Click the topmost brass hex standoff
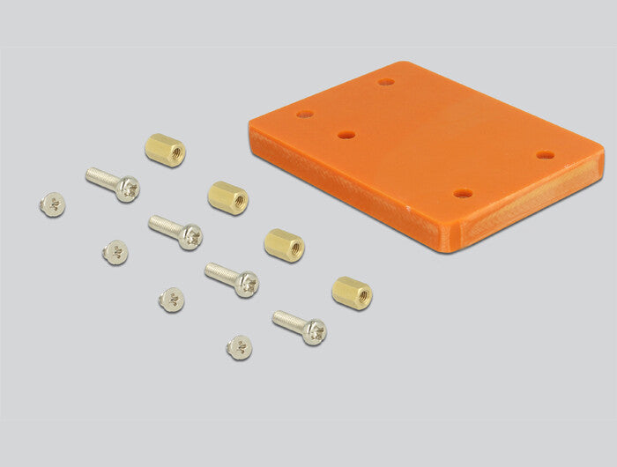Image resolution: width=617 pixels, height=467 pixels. (165, 149)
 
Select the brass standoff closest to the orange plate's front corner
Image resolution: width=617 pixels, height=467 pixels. (352, 293)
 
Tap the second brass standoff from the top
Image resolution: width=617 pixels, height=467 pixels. (228, 196)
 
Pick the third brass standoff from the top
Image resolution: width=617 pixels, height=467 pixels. (284, 244)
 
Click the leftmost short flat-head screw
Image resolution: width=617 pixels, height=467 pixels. (52, 204)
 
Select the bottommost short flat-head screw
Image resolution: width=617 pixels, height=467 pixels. (239, 347)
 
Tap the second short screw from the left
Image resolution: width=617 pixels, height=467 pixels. (115, 253)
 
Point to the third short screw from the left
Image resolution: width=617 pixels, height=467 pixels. (172, 300)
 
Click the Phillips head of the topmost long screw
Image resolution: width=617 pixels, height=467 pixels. (129, 189)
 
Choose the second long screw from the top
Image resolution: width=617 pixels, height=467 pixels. (175, 232)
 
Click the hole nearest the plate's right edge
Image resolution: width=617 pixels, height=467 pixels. (546, 155)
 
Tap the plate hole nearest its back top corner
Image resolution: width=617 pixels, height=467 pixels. (386, 82)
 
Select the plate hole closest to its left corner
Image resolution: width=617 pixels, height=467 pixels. (305, 115)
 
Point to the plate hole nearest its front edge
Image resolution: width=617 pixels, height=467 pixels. (463, 193)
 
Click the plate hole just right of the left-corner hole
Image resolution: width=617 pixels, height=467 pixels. (346, 136)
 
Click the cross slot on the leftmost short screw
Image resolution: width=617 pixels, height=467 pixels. (54, 205)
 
